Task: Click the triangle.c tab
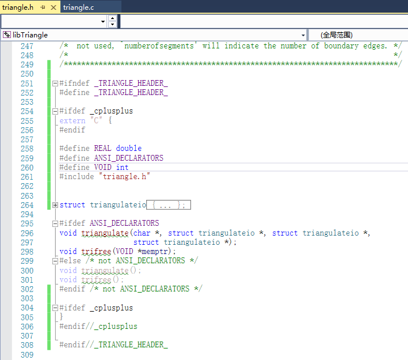79,7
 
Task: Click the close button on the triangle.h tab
54,7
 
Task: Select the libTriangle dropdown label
30,35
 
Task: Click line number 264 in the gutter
26,204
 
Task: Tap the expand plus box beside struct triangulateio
55,204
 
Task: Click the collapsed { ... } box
169,204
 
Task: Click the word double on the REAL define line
128,148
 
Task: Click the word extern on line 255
72,120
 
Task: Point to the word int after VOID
122,167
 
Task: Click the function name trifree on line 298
96,251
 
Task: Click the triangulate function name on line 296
105,233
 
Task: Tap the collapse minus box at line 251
55,83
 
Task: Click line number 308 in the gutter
26,344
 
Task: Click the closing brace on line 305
62,317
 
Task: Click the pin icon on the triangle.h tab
43,7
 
